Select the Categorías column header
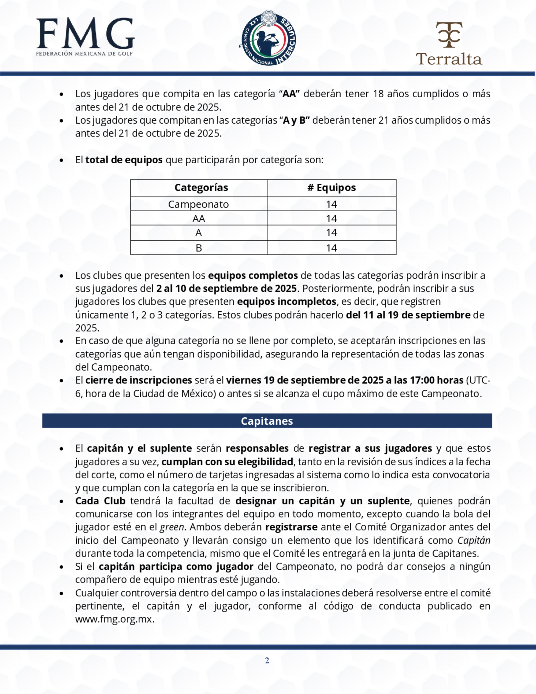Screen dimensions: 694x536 [201, 187]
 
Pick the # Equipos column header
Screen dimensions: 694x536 [332, 187]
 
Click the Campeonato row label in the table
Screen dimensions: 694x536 [199, 204]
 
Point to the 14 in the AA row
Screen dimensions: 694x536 [332, 219]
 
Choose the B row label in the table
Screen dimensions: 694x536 [199, 248]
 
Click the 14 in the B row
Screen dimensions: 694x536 [332, 248]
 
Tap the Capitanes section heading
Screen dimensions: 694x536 [267, 421]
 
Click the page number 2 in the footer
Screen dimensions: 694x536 [267, 661]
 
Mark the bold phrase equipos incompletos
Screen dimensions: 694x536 [287, 301]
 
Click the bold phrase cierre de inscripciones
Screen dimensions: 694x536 [139, 380]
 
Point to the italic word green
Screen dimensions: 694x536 [172, 527]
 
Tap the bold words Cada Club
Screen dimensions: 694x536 [100, 501]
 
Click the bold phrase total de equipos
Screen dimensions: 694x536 [124, 160]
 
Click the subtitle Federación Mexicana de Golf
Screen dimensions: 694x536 [84, 54]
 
